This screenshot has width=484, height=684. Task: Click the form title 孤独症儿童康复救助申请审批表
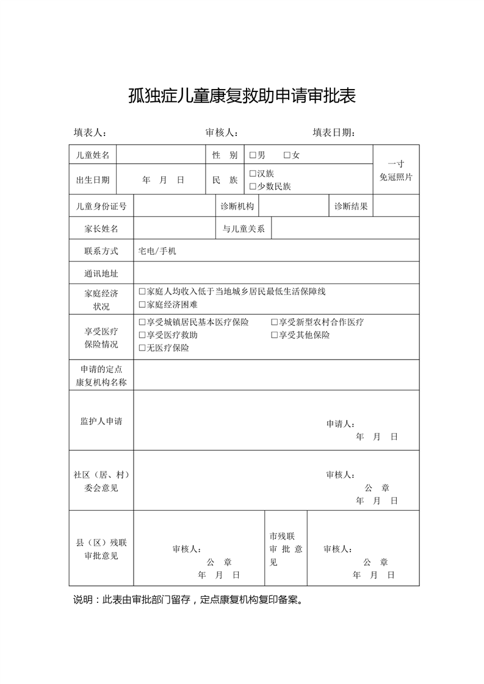(x=242, y=96)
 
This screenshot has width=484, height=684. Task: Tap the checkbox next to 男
(x=253, y=155)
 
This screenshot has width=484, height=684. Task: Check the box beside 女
(x=287, y=155)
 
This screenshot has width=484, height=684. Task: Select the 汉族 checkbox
(x=253, y=174)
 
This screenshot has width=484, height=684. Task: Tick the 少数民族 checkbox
(x=253, y=187)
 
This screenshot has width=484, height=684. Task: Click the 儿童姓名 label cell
(x=93, y=155)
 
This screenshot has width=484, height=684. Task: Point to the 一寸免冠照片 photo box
(x=396, y=170)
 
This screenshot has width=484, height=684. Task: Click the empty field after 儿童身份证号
(x=174, y=206)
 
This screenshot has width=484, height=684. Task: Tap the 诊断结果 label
(x=351, y=206)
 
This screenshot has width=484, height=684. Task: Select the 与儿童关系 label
(x=244, y=229)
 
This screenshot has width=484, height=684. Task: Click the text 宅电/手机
(x=157, y=251)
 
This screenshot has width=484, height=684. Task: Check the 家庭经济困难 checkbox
(x=142, y=304)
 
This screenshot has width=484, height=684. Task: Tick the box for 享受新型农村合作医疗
(x=275, y=322)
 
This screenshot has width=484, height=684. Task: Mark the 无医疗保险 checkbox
(x=142, y=348)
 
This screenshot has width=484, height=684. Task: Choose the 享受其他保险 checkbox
(x=275, y=335)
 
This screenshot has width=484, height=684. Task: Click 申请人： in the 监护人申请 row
(x=340, y=424)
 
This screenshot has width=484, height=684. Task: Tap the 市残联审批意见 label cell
(x=286, y=549)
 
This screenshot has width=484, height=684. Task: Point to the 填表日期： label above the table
(x=334, y=133)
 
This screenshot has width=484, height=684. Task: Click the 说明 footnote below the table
(x=188, y=599)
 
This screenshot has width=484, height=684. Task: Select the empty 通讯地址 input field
(x=276, y=273)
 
